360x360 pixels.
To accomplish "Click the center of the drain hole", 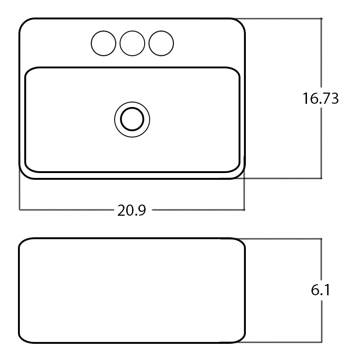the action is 132,120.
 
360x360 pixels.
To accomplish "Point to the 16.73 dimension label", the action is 320,98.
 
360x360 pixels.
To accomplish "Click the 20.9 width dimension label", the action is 132,210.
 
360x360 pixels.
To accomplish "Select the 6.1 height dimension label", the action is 320,290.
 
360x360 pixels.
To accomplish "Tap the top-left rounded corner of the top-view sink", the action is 24,23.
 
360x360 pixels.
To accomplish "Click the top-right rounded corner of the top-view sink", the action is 240,23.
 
